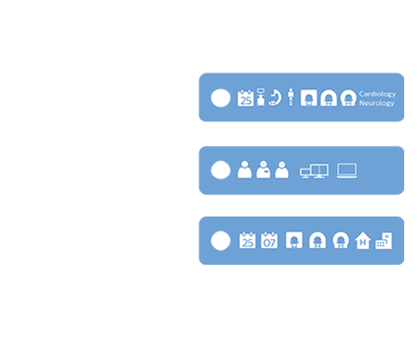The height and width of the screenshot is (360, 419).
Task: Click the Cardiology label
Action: click(x=377, y=93)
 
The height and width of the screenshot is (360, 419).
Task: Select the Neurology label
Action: click(x=377, y=103)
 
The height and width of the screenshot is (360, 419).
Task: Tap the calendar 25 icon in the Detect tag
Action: click(x=246, y=98)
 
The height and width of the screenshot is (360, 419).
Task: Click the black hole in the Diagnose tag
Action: click(x=221, y=170)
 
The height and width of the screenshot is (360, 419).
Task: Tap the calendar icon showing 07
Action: click(x=269, y=240)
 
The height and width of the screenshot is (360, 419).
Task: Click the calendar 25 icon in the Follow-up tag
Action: click(x=246, y=240)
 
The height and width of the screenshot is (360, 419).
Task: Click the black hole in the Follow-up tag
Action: click(x=221, y=239)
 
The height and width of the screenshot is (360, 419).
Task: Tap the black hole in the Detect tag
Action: click(x=221, y=98)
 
